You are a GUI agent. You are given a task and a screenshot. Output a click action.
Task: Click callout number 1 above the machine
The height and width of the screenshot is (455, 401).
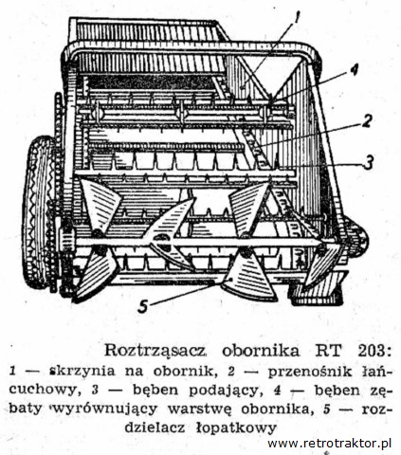point(297,18)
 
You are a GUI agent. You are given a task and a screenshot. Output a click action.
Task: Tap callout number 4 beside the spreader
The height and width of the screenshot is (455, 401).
point(354,70)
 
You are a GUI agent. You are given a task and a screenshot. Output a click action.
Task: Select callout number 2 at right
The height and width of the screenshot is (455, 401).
point(366,121)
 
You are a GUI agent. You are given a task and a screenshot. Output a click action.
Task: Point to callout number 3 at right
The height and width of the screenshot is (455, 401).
point(368,163)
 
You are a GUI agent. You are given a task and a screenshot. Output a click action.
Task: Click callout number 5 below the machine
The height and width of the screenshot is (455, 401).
point(143,306)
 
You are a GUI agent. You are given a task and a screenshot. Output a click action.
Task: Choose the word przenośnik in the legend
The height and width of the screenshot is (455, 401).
point(310,373)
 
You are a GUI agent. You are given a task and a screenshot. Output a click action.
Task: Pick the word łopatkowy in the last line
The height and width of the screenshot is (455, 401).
point(234,428)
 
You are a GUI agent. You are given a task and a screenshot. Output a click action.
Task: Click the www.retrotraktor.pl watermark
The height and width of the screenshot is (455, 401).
point(330,444)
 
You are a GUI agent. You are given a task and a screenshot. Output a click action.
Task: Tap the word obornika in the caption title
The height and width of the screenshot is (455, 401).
point(261,351)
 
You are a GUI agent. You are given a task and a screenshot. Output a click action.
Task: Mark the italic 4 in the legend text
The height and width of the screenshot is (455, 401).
point(278,391)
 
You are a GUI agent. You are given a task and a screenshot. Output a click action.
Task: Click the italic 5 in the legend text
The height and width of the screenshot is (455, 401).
point(327,409)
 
